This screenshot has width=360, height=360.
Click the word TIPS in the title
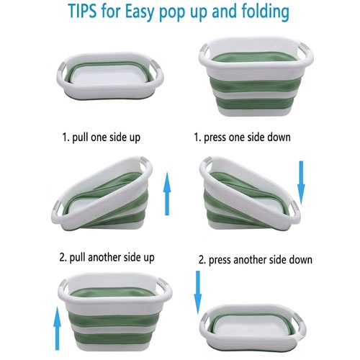82,12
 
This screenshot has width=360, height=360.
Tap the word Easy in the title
140,12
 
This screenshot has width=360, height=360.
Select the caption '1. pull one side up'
102,138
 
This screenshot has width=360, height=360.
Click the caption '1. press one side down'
242,138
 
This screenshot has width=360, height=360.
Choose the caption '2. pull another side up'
107,258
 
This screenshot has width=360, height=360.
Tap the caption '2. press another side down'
256,260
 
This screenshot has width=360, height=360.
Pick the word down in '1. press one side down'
279,137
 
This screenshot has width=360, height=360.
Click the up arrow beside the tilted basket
167,194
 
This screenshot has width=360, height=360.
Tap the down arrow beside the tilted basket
301,183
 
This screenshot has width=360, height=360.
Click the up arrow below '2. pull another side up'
57,328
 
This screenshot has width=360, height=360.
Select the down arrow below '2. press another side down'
198,292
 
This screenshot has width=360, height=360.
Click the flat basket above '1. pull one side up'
110,76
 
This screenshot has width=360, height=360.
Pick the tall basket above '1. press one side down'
256,76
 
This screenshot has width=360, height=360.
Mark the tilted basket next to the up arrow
102,194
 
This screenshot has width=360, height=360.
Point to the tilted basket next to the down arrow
250,194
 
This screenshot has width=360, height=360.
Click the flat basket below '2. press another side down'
253,328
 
